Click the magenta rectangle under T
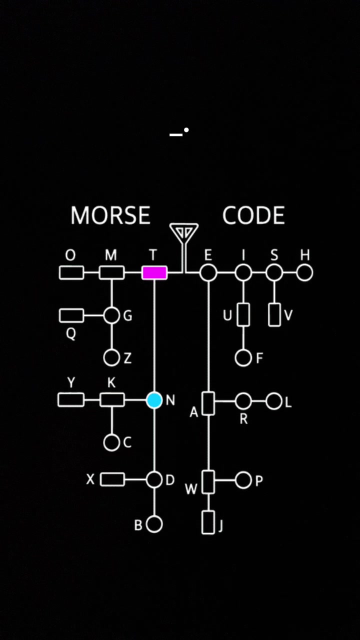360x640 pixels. click(x=154, y=273)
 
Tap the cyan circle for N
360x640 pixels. click(x=154, y=400)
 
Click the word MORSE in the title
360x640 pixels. click(x=110, y=215)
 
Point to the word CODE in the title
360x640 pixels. click(x=253, y=215)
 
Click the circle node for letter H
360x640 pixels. click(x=304, y=273)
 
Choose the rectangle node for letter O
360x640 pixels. click(x=71, y=272)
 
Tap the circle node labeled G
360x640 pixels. click(x=111, y=315)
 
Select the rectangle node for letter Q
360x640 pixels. click(x=71, y=315)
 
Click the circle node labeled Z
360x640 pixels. click(x=111, y=357)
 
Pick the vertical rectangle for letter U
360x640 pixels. click(x=243, y=315)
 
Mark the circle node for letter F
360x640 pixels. click(x=243, y=357)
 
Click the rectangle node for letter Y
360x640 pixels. click(x=71, y=399)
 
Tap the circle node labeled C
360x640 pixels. click(x=111, y=442)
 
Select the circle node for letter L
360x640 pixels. click(x=274, y=401)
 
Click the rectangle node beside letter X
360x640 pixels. click(x=112, y=479)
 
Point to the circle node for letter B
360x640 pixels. click(x=154, y=524)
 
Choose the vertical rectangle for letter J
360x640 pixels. click(x=208, y=522)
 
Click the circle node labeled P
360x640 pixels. click(x=243, y=480)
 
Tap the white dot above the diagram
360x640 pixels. click(x=186, y=130)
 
